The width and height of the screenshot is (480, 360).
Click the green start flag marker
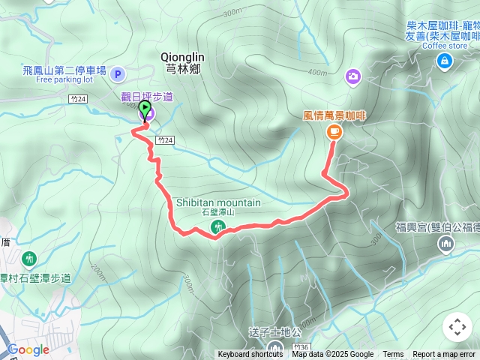click(x=145, y=109)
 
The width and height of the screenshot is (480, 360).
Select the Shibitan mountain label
click(x=219, y=202)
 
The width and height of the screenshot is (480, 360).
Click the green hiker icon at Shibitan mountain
click(x=219, y=226)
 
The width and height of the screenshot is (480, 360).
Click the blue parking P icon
click(x=118, y=73)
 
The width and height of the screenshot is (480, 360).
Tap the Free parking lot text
click(x=64, y=79)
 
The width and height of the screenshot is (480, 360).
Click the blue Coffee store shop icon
click(x=445, y=59)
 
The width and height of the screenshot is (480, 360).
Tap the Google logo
click(x=28, y=349)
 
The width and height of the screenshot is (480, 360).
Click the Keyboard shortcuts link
click(x=250, y=355)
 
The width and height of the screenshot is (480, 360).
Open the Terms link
click(x=393, y=355)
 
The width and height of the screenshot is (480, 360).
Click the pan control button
click(x=457, y=327)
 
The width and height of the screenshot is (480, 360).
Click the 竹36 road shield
click(x=301, y=347)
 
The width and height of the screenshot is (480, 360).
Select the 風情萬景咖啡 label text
click(x=334, y=115)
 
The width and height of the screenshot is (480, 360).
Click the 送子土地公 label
click(x=274, y=331)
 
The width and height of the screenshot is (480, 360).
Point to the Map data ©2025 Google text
click(x=333, y=355)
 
